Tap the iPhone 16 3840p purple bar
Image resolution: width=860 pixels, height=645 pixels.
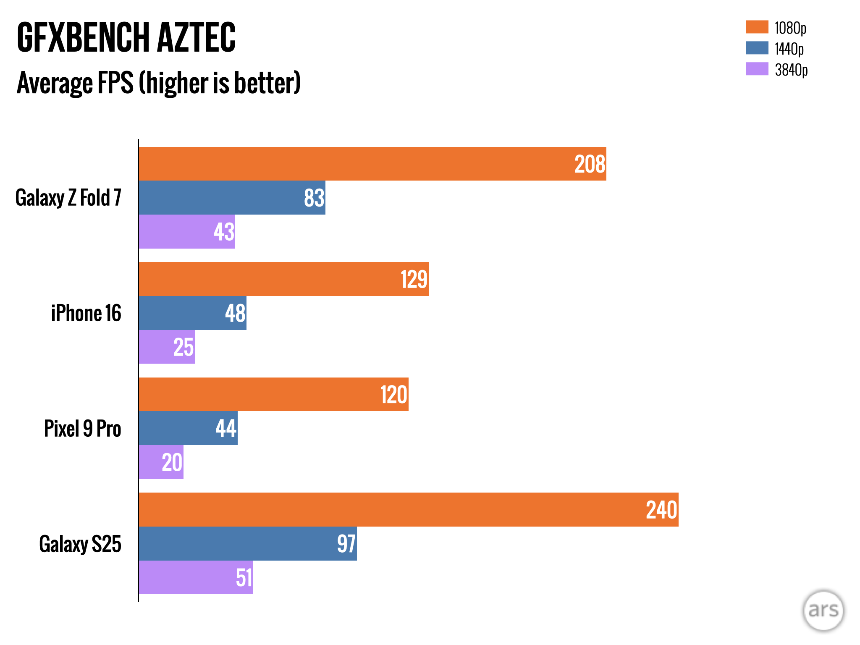click(x=167, y=347)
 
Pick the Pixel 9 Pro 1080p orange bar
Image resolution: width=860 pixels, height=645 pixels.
click(x=273, y=394)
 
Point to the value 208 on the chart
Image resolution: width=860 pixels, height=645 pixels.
click(x=590, y=164)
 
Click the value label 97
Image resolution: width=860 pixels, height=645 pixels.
click(x=346, y=544)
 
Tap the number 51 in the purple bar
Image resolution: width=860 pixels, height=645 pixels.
click(x=244, y=578)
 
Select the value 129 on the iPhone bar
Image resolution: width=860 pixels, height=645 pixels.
click(x=414, y=279)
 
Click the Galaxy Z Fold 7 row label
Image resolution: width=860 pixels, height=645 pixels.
click(x=68, y=198)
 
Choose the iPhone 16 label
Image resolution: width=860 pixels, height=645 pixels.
click(x=86, y=313)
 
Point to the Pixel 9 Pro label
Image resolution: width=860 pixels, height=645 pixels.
click(x=82, y=429)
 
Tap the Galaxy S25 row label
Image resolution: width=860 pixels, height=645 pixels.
click(x=80, y=544)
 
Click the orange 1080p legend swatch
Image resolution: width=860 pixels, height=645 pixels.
click(x=757, y=27)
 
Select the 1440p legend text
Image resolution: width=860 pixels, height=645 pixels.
click(x=789, y=49)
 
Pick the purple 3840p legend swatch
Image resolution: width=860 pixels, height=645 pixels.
click(x=757, y=69)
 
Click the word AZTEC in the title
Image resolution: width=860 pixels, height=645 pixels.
click(x=196, y=38)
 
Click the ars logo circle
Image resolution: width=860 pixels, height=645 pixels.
click(x=823, y=611)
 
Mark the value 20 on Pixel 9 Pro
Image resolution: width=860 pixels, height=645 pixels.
click(x=172, y=463)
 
